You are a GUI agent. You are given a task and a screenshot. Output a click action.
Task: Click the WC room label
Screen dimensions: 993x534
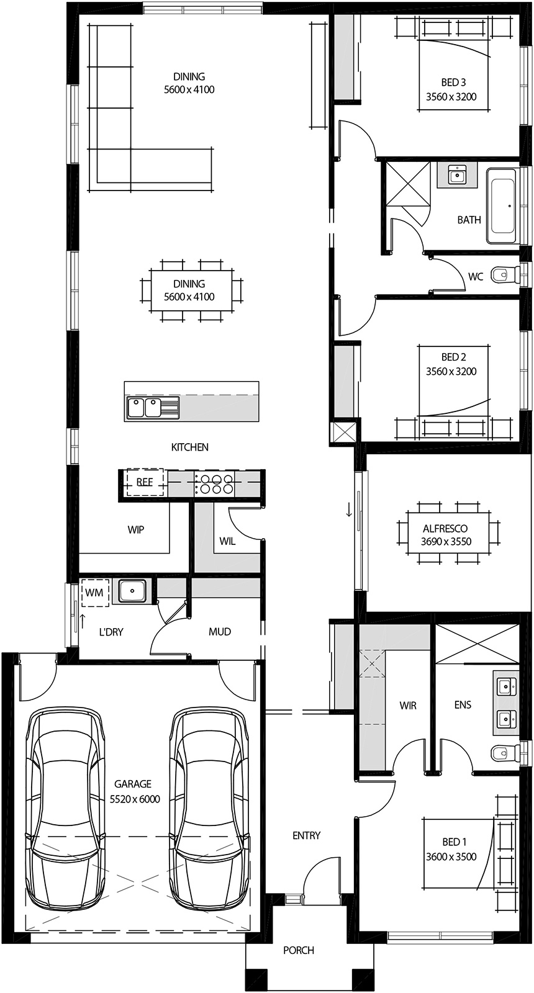tap(475, 277)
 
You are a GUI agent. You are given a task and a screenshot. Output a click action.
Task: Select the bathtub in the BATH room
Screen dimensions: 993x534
tap(500, 205)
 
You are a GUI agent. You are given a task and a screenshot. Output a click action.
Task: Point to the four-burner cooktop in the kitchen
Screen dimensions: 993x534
tap(215, 483)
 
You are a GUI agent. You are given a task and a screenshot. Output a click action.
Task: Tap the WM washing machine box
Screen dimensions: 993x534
tap(94, 592)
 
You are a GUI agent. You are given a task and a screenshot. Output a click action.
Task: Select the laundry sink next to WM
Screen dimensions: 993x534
tap(132, 591)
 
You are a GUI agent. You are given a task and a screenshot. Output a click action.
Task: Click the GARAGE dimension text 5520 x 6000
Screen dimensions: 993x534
tap(135, 799)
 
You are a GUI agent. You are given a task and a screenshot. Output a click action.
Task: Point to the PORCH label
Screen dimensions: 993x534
tap(299, 950)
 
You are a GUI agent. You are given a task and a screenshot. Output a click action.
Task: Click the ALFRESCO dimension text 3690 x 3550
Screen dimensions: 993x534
tap(446, 541)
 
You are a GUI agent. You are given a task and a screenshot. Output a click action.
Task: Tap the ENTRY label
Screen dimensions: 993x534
tap(306, 835)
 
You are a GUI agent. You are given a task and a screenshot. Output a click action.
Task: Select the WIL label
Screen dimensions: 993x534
tap(227, 541)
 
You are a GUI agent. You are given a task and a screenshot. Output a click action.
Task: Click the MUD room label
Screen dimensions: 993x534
tap(220, 632)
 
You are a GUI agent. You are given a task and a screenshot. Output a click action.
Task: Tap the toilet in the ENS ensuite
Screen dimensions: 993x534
tap(503, 753)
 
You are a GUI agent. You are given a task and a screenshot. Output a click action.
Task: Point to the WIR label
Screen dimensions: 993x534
tap(408, 706)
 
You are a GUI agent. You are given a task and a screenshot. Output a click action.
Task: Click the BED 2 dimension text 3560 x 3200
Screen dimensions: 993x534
tap(451, 372)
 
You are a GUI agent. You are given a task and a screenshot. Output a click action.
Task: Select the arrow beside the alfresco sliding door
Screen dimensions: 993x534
tap(349, 510)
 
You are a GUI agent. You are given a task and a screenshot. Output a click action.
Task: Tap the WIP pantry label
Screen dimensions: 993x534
tap(136, 529)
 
